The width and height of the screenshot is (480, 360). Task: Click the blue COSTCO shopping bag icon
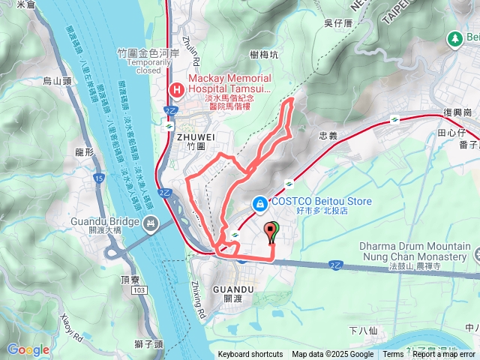259,202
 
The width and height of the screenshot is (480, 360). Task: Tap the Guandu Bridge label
105,222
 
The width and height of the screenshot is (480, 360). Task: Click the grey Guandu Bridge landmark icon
151,222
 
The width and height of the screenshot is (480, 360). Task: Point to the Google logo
28,349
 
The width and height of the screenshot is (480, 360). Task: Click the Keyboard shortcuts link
250,354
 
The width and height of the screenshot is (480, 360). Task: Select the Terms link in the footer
393,354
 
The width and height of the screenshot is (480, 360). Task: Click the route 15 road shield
99,178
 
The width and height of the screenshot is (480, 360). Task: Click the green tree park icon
454,37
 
